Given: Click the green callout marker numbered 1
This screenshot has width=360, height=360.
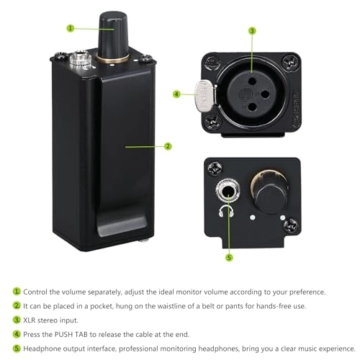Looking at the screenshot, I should pyautogui.click(x=71, y=28).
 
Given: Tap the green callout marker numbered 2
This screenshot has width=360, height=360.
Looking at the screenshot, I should pyautogui.click(x=168, y=146).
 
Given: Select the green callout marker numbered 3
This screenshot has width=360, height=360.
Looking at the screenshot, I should pyautogui.click(x=252, y=30).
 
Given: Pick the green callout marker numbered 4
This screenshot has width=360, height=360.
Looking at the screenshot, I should pyautogui.click(x=176, y=93).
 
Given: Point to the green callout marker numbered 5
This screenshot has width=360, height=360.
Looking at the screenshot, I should pyautogui.click(x=229, y=258).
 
